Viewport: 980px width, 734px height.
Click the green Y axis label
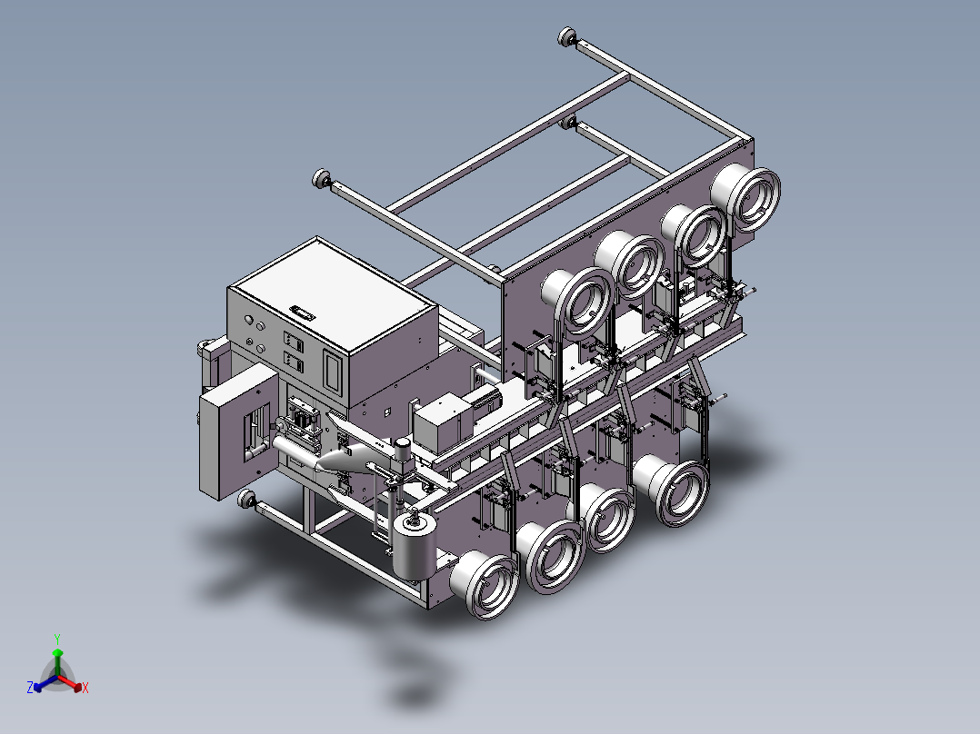(x=57, y=639)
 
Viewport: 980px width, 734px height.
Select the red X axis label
(x=85, y=688)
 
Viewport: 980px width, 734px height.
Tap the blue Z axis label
(x=30, y=687)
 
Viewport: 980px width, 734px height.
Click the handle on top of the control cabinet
(x=304, y=312)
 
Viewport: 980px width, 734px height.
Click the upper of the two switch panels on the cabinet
(x=293, y=341)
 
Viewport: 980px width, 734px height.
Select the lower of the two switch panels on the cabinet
(x=293, y=362)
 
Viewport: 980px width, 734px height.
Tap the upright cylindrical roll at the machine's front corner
(x=413, y=547)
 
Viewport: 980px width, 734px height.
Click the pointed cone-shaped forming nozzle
(x=343, y=460)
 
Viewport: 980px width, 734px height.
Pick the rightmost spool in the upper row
(x=745, y=197)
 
